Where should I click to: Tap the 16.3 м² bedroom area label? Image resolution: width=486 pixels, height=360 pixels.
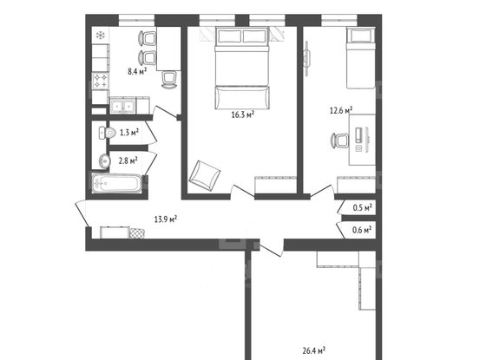click(x=242, y=113)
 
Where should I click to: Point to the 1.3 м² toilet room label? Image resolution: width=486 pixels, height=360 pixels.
click(x=128, y=133)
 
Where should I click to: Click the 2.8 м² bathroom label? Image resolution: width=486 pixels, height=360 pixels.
click(x=128, y=160)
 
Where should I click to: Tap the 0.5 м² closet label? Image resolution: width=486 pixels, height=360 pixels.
click(x=363, y=208)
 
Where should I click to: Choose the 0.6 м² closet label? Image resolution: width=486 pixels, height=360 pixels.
click(x=363, y=230)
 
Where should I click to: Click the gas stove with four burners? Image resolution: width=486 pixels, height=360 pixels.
click(x=101, y=83)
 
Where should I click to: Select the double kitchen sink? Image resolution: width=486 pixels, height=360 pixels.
click(x=122, y=108)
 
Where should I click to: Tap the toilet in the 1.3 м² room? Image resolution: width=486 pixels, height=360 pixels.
click(x=105, y=133)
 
